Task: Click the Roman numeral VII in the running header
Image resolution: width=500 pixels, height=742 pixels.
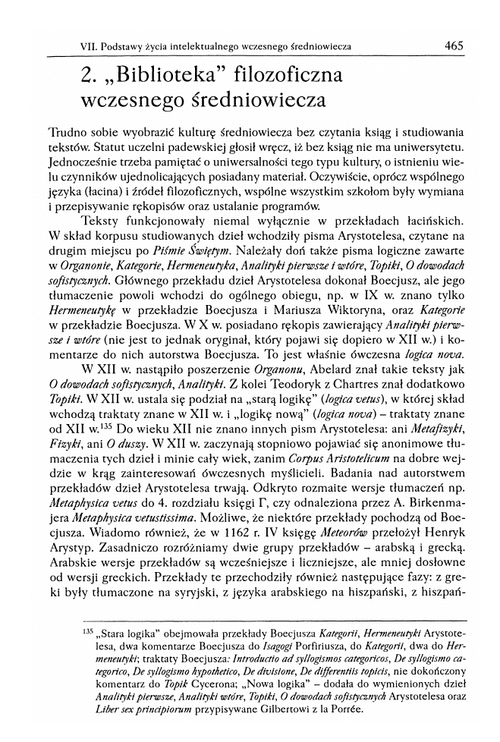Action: tap(90, 46)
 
